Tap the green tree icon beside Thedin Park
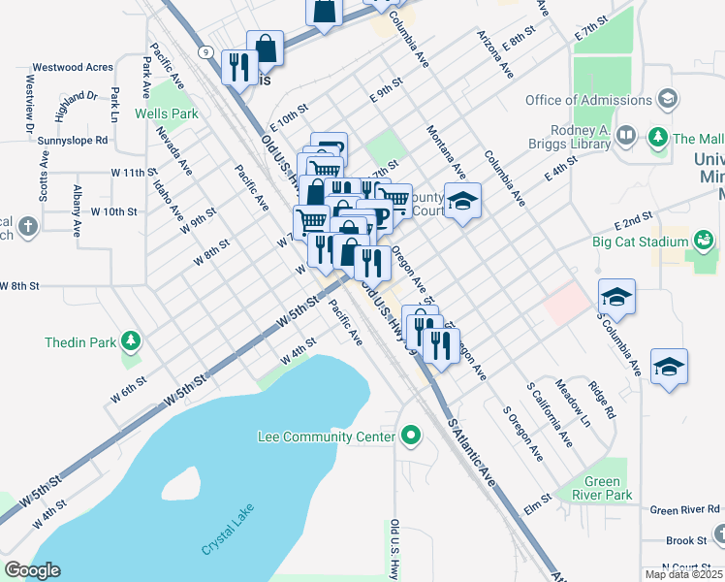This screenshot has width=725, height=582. (129, 341)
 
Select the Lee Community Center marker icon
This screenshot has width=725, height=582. (411, 436)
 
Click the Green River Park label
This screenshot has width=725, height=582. (608, 488)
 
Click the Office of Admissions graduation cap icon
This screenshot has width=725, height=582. (667, 99)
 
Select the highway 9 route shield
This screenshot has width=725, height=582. (205, 52)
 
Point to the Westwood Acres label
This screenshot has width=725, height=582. (73, 68)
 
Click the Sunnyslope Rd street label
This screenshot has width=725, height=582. (73, 140)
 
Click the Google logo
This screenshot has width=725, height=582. (32, 570)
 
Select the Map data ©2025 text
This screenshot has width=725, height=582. (682, 574)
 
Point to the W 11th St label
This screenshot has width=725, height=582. (135, 172)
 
